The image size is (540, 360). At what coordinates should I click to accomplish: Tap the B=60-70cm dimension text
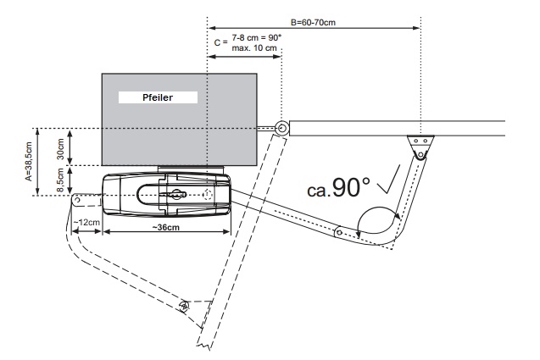click(x=313, y=23)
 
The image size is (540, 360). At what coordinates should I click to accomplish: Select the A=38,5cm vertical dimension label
click(x=29, y=163)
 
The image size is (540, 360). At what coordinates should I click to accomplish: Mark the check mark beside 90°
click(x=390, y=180)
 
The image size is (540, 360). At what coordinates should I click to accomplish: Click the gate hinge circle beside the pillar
click(x=280, y=129)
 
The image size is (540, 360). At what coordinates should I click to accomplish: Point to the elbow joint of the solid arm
click(x=338, y=230)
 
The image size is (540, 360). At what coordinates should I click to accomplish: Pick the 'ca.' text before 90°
click(x=318, y=192)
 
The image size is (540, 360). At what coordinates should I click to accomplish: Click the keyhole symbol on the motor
click(x=176, y=194)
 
